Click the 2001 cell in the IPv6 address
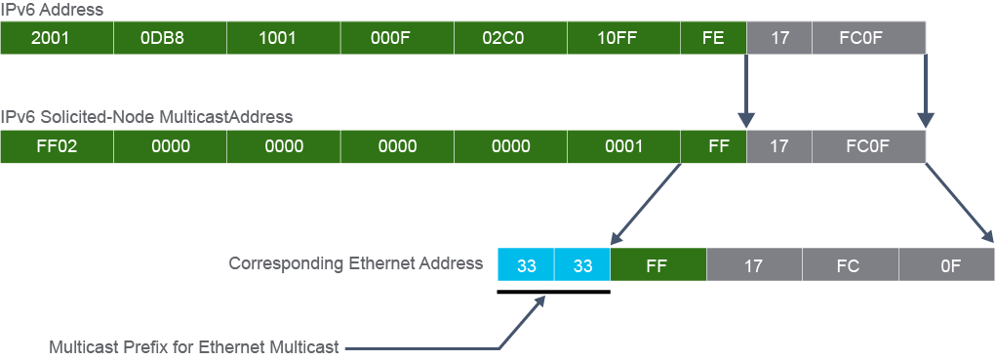(57, 38)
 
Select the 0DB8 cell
(171, 38)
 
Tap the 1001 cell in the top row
(283, 38)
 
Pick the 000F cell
(397, 38)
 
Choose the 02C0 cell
(511, 38)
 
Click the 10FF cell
(623, 38)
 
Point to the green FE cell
(714, 38)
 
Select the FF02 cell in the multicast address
(57, 146)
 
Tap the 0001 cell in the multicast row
(623, 146)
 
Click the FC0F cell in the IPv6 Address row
(869, 38)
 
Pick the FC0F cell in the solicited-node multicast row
(869, 146)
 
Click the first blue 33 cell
(526, 264)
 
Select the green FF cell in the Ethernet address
(658, 264)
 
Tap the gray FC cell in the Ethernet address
(851, 264)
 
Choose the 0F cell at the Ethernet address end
(947, 264)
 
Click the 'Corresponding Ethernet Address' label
(356, 263)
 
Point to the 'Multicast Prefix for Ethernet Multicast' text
(194, 347)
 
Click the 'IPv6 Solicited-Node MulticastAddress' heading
(146, 117)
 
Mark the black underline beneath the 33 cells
(554, 292)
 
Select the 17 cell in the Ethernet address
(755, 264)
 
